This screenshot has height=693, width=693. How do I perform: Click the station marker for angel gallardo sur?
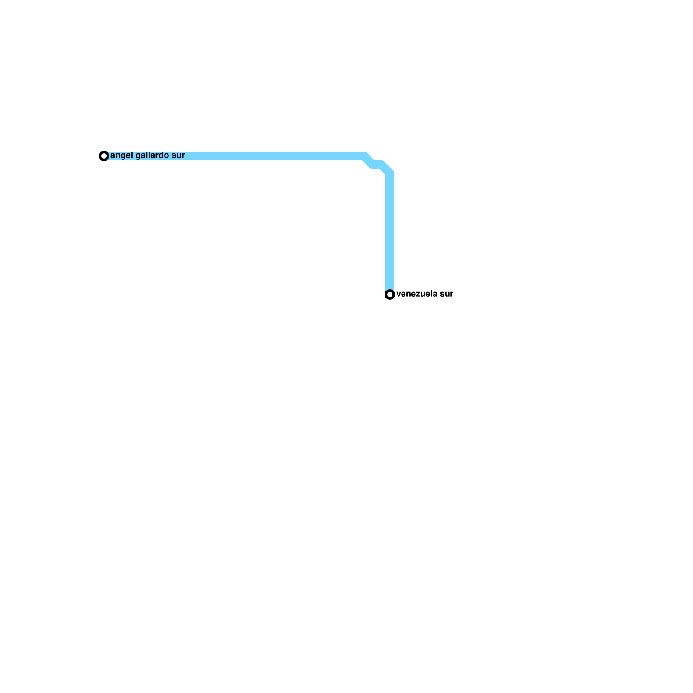[x=104, y=156]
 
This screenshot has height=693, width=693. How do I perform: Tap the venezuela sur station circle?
[x=390, y=295]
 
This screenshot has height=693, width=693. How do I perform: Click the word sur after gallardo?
[x=178, y=155]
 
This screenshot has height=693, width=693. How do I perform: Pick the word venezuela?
[x=416, y=294]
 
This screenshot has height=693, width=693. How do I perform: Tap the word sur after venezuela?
[x=447, y=294]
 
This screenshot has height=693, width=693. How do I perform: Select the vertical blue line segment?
[x=390, y=230]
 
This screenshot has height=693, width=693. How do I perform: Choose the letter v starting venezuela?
[x=398, y=294]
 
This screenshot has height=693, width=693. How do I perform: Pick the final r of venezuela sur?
[x=452, y=294]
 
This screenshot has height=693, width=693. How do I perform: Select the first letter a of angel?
[x=113, y=155]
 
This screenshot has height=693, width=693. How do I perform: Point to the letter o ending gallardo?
[x=167, y=155]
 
